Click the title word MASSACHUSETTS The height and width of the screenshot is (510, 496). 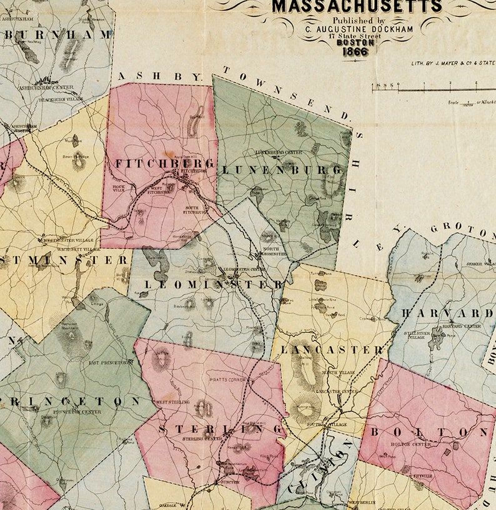pos(357,7)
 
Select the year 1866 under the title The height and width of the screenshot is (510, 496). pos(355,51)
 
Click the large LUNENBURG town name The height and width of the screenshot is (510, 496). pos(282,170)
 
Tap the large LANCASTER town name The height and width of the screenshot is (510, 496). pos(332,350)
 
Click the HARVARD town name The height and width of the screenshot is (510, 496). pos(447,312)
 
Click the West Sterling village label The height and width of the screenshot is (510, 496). pos(172,402)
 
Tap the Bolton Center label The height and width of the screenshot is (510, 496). pos(410,444)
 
